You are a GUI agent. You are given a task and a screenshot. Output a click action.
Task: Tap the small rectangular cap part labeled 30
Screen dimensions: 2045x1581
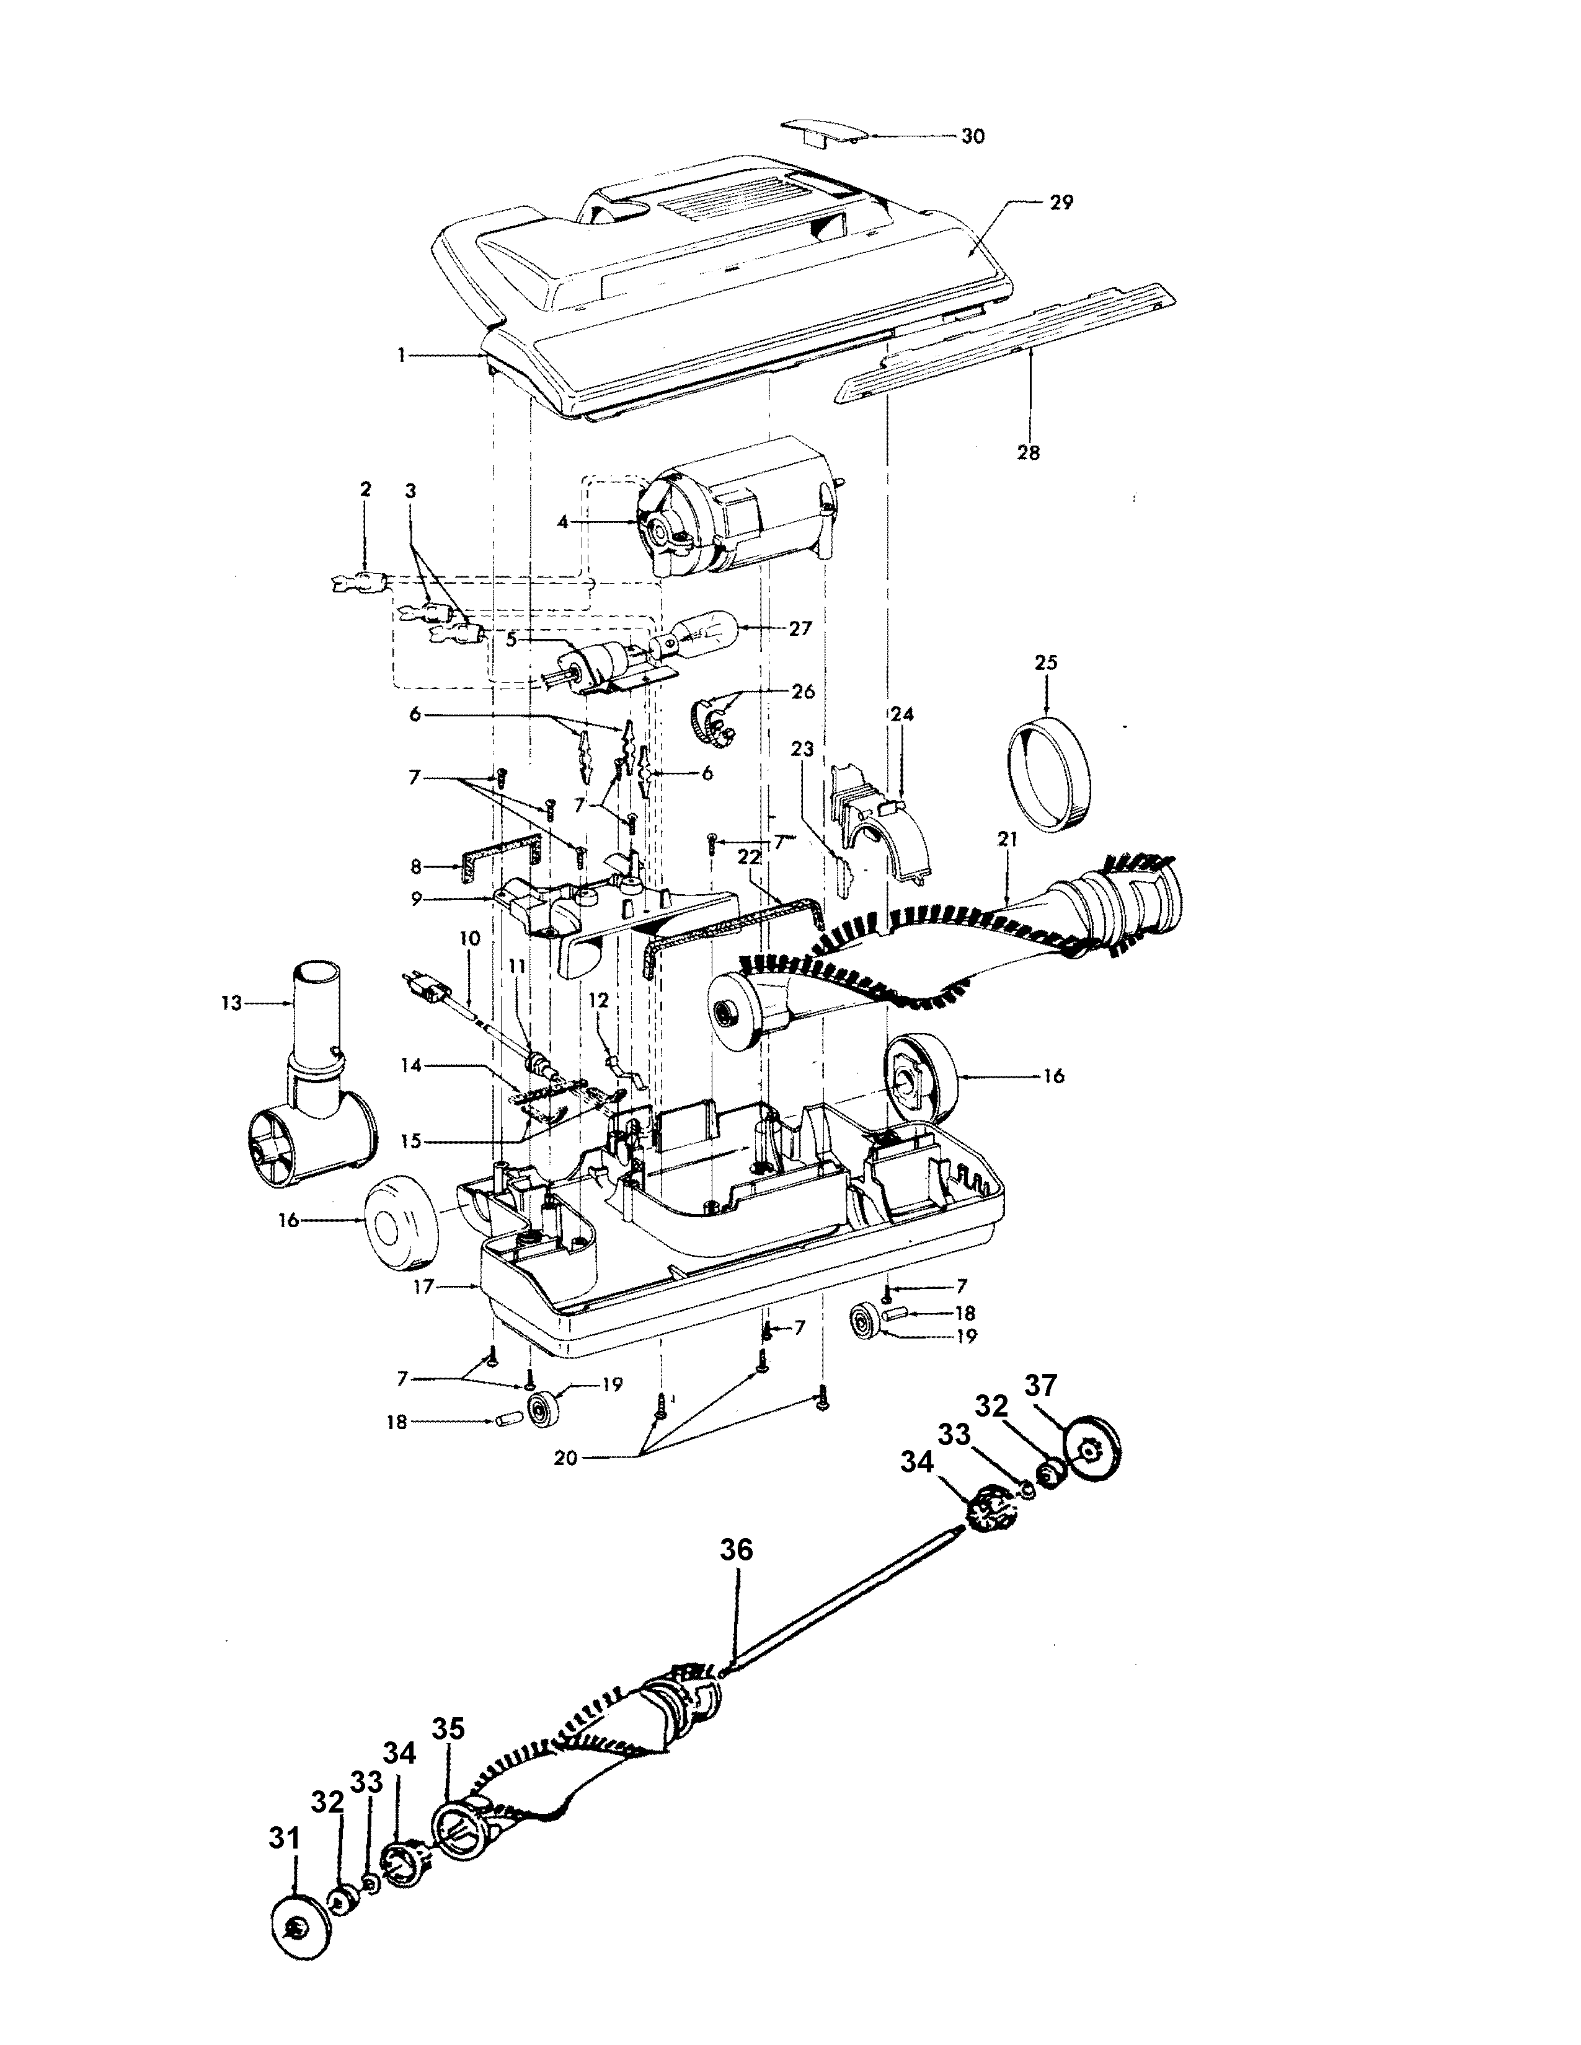(x=822, y=132)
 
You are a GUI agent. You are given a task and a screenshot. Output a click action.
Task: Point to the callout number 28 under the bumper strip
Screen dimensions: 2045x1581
(x=1029, y=452)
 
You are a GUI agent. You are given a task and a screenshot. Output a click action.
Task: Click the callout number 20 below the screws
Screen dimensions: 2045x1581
(x=565, y=1459)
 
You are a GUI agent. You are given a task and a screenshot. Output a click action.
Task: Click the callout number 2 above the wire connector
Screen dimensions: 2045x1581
(x=365, y=489)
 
